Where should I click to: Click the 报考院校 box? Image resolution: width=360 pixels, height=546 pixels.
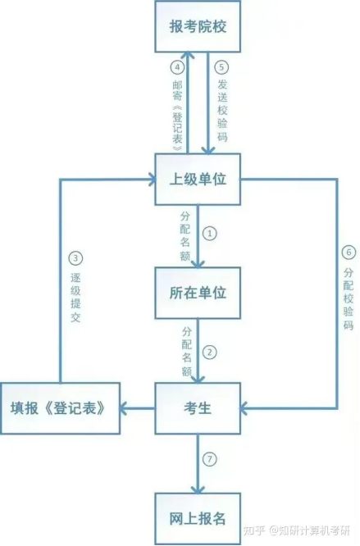(x=198, y=26)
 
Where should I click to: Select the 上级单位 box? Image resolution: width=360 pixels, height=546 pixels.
(x=198, y=179)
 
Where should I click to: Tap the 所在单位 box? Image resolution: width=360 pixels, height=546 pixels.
(x=198, y=293)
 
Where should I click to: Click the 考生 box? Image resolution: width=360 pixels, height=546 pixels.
(x=198, y=408)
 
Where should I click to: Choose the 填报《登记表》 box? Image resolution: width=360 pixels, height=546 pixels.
(x=60, y=408)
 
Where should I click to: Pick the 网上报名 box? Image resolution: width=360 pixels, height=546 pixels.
(x=198, y=519)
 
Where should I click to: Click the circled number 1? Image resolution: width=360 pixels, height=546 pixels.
(x=210, y=234)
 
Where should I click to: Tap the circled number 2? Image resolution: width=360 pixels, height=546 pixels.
(x=210, y=352)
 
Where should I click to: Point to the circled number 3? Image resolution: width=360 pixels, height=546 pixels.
(x=75, y=258)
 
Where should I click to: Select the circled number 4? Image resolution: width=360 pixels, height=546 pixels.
(x=177, y=67)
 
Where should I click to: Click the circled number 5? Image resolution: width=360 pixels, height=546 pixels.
(x=221, y=67)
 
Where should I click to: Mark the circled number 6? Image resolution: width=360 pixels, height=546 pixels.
(x=349, y=253)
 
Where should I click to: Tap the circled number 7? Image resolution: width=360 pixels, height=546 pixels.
(x=210, y=459)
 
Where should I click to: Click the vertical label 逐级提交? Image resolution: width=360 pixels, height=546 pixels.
(x=75, y=298)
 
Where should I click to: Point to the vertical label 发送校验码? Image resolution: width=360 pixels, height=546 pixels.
(x=222, y=111)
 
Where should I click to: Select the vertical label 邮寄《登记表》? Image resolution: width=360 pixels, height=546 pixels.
(x=177, y=116)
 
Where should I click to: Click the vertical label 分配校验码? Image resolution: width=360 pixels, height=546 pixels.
(x=349, y=298)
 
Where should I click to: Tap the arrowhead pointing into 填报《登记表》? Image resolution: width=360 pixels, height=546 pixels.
(x=124, y=408)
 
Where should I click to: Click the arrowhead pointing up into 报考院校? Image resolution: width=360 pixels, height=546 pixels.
(x=188, y=56)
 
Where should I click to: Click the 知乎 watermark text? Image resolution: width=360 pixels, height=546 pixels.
(x=254, y=530)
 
